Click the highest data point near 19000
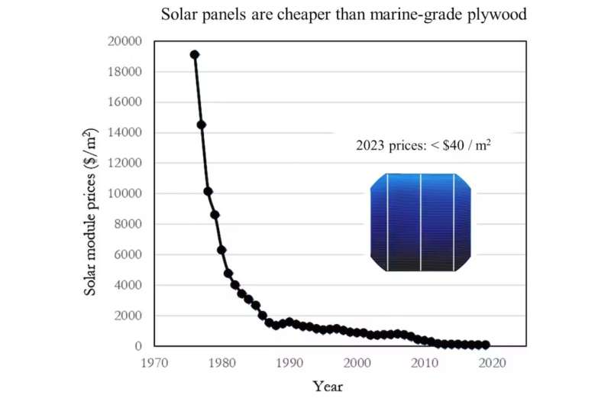pyautogui.click(x=195, y=54)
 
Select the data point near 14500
pyautogui.click(x=202, y=125)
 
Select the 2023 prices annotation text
pyautogui.click(x=423, y=144)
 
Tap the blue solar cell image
pyautogui.click(x=421, y=222)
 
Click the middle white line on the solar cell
pyautogui.click(x=421, y=222)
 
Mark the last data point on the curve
pyautogui.click(x=486, y=345)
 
